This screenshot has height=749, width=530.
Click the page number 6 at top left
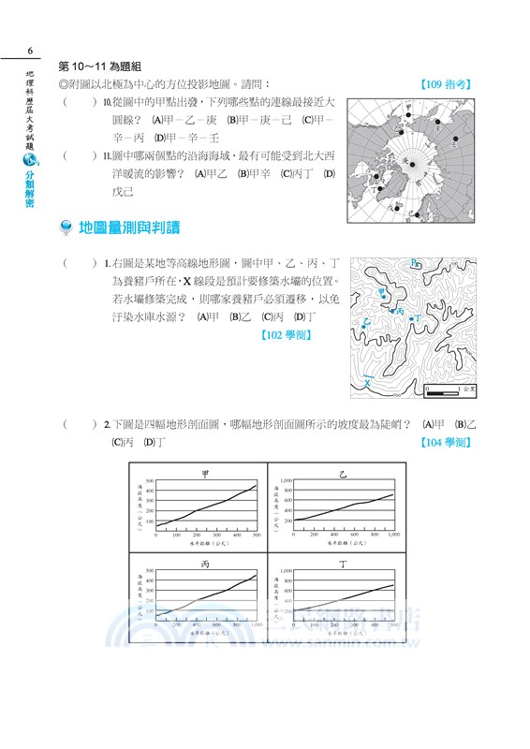point(31,51)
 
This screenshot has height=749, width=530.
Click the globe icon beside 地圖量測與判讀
point(66,228)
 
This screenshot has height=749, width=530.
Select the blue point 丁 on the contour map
point(411,319)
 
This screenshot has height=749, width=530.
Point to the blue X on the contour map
point(368,383)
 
